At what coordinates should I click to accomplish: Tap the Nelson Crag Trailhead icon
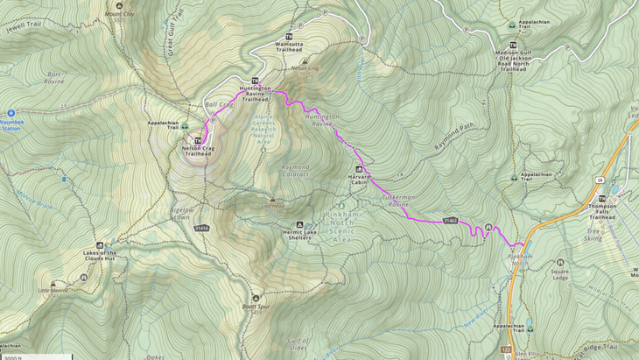click(x=198, y=140)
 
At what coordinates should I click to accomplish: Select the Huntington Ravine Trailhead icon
click(x=256, y=81)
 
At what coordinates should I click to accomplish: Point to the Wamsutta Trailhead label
click(x=289, y=46)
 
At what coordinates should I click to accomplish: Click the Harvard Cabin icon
click(x=358, y=168)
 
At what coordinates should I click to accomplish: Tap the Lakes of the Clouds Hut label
click(x=99, y=255)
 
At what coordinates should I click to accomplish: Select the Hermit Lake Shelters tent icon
click(x=300, y=224)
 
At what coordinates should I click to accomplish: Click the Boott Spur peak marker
click(x=256, y=299)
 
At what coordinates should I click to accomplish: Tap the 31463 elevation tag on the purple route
click(x=451, y=221)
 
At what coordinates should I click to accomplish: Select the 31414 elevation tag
click(x=202, y=229)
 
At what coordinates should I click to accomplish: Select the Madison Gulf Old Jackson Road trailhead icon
click(x=513, y=46)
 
